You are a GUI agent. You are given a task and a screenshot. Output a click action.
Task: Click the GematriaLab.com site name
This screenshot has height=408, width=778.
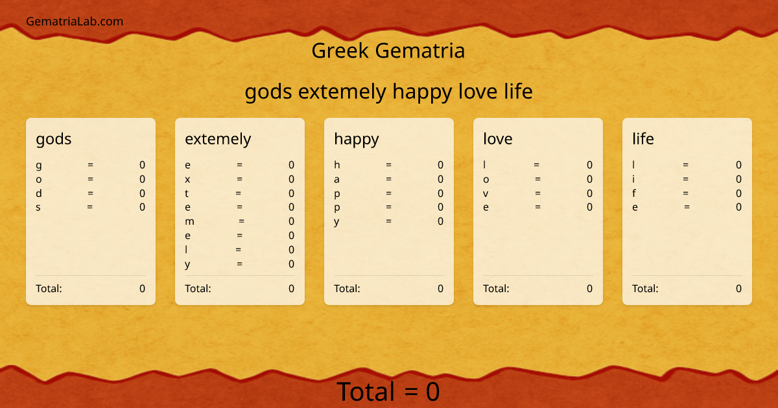75,21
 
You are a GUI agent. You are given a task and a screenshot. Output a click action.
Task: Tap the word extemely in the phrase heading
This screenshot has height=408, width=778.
342,92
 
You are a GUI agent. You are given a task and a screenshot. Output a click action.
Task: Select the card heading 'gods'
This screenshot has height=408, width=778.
54,139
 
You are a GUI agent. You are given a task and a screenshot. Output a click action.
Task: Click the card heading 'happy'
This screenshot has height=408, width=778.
357,139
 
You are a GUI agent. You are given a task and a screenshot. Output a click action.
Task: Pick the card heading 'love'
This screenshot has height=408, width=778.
498,139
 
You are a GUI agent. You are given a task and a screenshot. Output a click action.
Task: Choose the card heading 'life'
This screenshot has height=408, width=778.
643,139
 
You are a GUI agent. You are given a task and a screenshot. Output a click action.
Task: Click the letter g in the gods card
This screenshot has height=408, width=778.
39,165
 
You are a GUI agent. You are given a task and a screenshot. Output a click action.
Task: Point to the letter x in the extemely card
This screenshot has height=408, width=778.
187,179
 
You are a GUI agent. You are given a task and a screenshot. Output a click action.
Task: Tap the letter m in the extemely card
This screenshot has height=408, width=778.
189,221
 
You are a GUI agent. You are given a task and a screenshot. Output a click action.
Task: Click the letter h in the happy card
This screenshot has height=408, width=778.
337,164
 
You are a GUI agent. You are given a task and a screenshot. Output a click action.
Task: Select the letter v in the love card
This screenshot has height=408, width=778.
486,193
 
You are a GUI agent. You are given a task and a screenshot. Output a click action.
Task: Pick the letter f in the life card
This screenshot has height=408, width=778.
634,193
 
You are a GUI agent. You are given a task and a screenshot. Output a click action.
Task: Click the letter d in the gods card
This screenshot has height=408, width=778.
39,193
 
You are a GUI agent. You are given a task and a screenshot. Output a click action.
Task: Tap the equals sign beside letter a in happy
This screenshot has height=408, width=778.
389,179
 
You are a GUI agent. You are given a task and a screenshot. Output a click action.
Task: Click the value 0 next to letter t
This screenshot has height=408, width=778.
291,193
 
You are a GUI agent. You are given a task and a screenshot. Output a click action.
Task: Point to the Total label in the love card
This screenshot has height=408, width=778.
496,288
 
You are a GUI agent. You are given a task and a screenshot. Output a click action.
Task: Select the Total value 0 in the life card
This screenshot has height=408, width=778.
738,288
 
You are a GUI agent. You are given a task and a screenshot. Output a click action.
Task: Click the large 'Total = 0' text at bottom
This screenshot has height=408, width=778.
388,392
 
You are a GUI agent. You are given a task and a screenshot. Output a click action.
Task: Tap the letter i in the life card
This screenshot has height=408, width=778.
634,179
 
